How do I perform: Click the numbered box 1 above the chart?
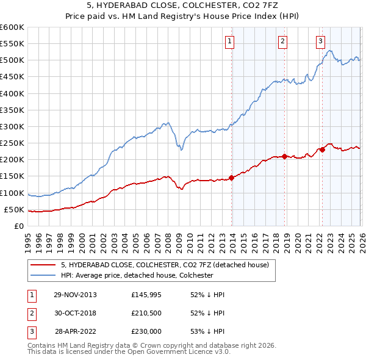pos(229,41)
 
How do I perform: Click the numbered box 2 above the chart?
pos(283,41)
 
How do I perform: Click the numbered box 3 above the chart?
pos(320,41)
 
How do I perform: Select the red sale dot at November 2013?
pos(232,178)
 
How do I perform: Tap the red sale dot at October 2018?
pos(285,156)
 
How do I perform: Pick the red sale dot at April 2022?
pos(322,150)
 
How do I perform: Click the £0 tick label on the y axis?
pos(19,226)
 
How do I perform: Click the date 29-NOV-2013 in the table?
pos(75,294)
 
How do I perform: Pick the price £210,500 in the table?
pos(146,314)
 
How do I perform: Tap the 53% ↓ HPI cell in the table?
pos(207,333)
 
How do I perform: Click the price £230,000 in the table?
pos(146,333)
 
